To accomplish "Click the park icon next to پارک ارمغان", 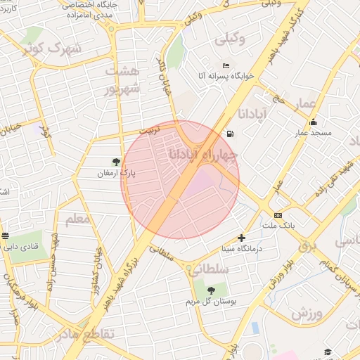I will click(116, 162).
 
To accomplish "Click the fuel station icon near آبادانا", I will click(231, 134).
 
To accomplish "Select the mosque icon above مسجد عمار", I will click(313, 122).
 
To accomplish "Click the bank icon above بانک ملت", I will click(278, 215).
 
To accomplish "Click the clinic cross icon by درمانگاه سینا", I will click(242, 238).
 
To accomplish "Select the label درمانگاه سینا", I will click(241, 248).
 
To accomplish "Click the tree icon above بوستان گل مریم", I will click(211, 290).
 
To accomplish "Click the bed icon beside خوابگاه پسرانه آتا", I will click(226, 65).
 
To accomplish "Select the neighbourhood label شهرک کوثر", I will click(52, 49).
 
